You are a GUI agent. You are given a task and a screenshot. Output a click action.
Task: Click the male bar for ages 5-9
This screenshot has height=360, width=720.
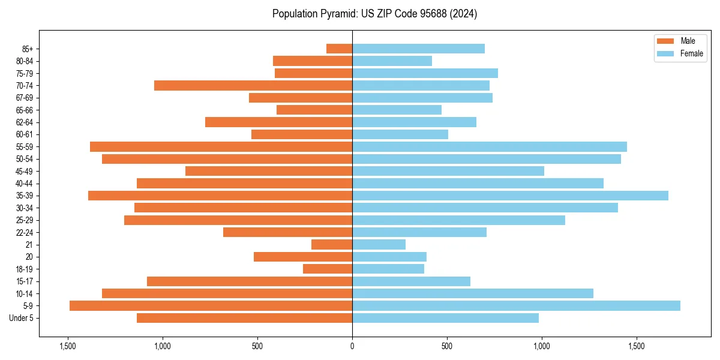coord(211,306)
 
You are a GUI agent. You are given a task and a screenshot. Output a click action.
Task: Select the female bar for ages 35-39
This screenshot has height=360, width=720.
coord(510,196)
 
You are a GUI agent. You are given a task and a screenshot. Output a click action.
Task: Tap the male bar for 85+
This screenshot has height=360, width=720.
coord(339,49)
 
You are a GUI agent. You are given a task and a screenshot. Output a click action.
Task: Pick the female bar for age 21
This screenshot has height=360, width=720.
coord(379,245)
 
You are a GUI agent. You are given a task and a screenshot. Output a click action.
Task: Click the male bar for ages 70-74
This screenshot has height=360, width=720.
coord(253,86)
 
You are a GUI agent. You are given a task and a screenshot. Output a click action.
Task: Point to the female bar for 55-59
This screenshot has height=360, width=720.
coord(490,147)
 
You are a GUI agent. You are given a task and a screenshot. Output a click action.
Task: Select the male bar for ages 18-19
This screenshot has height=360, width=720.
coord(328,269)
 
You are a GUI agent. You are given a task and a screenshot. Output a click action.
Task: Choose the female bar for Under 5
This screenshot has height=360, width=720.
coord(445,318)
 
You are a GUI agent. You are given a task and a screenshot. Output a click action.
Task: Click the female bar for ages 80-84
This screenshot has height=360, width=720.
coord(392,61)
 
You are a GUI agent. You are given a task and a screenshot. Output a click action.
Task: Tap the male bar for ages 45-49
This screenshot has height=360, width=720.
coord(269,171)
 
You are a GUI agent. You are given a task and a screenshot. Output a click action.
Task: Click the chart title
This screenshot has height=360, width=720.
coord(374,14)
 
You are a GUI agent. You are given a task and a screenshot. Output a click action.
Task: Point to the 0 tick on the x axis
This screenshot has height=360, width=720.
coord(352,346)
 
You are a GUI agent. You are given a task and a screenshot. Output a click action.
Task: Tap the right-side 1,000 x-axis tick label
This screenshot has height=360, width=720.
coord(542,346)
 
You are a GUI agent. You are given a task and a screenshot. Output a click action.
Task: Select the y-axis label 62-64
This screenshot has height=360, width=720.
coord(25,122)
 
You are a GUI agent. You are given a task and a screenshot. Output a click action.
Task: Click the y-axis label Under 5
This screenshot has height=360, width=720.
coord(22,318)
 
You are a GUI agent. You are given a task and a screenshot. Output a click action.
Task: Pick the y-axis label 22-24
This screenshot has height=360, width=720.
coord(25,233)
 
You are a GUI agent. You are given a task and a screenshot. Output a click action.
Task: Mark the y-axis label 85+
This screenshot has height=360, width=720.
coord(28,49)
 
